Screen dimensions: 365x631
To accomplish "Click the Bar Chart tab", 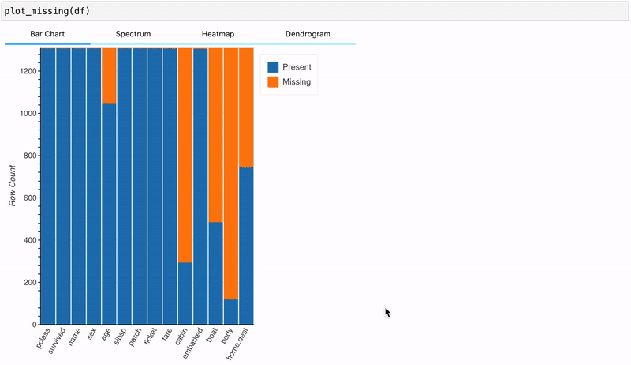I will pos(47,35).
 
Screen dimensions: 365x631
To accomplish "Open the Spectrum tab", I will pos(133,35).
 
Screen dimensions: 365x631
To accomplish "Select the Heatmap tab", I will pos(218,35).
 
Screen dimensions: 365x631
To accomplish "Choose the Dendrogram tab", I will pos(308,35).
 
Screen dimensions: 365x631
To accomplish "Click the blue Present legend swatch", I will pos(274,67).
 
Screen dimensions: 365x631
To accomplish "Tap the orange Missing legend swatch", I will pos(274,81).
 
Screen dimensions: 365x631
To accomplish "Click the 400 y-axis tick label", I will pos(28,240).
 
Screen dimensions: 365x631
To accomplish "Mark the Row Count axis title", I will pos(13,186).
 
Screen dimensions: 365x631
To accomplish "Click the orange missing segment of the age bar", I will pos(109,76).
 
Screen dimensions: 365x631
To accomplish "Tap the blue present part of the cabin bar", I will pos(185,293).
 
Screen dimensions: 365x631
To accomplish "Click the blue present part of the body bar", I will pos(231,312).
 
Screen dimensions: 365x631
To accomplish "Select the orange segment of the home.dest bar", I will pos(246,107).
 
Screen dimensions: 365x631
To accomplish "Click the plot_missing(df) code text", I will pos(47,12).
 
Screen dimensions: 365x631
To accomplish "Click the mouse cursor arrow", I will pos(387,312).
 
